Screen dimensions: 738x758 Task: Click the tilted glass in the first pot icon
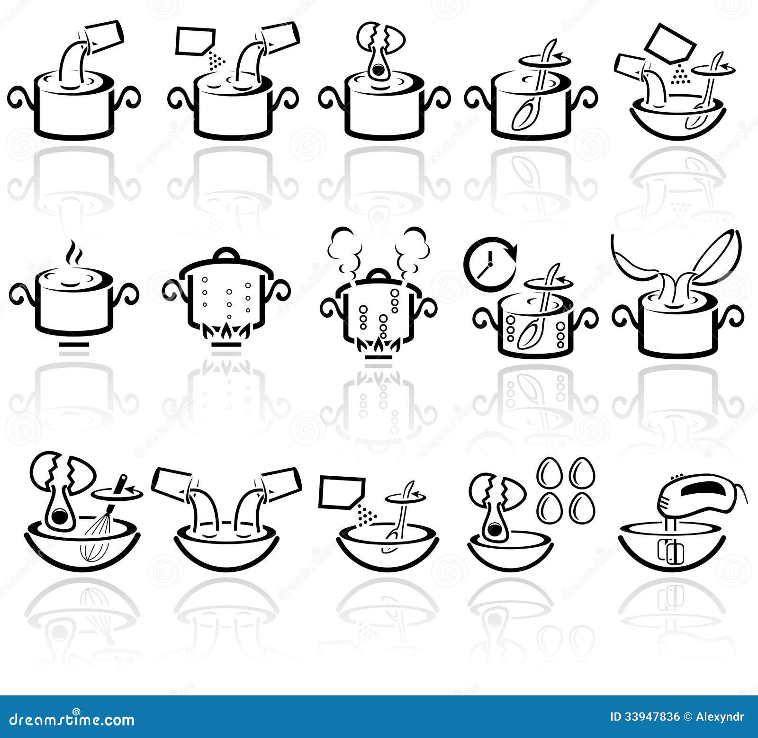(105, 36)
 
